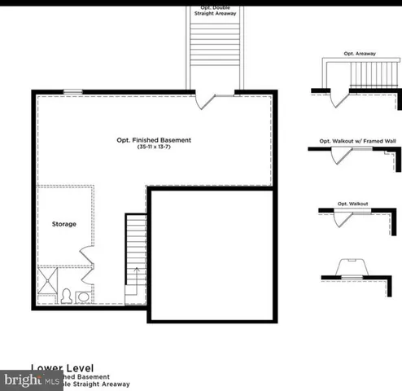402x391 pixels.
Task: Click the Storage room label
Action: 64,224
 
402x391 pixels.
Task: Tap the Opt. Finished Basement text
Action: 153,140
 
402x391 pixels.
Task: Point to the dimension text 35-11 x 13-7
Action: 153,147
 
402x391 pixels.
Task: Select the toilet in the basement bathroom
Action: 68,296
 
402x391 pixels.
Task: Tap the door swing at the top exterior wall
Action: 205,101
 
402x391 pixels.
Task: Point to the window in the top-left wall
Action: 73,91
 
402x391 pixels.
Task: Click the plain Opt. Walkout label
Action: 353,203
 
